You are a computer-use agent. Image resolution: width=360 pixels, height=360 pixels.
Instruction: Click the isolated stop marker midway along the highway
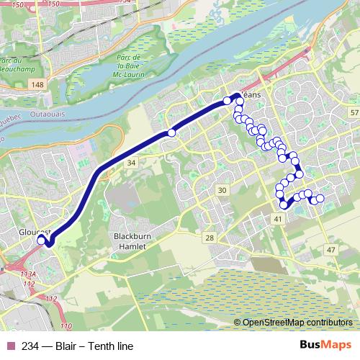coord(171,132)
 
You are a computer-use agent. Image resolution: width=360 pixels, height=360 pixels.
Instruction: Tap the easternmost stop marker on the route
coord(320,199)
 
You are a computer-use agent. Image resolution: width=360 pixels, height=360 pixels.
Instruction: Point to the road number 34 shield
coord(131,163)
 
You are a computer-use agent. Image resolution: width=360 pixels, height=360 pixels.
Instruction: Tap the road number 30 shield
coord(222,190)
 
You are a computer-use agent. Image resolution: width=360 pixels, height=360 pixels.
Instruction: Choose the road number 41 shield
coord(277,217)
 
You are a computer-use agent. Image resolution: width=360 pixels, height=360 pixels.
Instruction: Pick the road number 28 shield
coord(210,238)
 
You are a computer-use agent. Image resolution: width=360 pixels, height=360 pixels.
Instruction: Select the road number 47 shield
coord(330,249)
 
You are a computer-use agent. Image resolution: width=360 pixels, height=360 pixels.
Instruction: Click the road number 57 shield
coord(353,114)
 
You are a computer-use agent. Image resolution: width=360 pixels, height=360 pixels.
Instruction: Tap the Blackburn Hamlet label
coord(130,241)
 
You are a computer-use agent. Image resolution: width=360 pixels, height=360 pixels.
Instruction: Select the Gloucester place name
coord(35,233)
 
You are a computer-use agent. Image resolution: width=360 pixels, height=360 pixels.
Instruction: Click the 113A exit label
coord(29,274)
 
